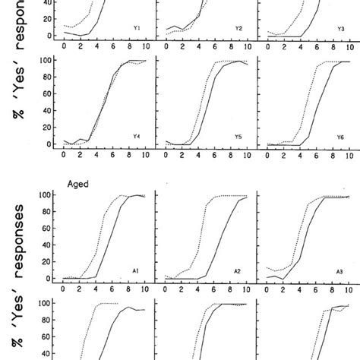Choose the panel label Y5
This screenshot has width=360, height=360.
click(x=238, y=137)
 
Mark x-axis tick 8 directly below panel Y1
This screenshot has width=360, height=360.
click(x=127, y=46)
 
